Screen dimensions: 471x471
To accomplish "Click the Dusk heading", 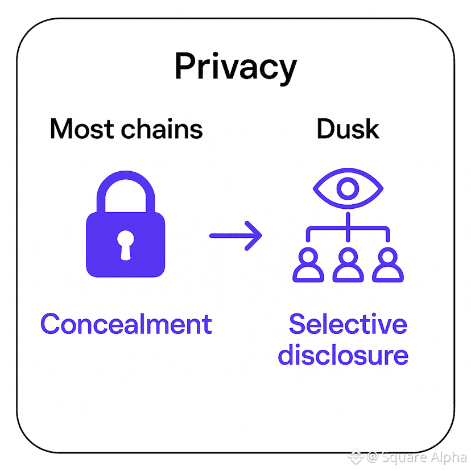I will (348, 129).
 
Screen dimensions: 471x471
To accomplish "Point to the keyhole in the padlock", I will (125, 244).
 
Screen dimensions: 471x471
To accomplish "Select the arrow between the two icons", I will (235, 235).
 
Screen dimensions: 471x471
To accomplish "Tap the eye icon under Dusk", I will (348, 188).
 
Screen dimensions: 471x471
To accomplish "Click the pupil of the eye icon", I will (348, 188).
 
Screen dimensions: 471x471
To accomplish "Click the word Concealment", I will (126, 324).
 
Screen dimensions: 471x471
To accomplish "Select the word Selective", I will (348, 324).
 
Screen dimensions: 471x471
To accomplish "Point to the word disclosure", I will (343, 355).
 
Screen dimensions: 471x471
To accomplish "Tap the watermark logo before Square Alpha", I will (357, 456).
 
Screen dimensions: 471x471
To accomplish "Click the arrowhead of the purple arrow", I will (255, 235).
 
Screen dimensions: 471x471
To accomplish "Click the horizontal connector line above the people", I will (348, 229).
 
